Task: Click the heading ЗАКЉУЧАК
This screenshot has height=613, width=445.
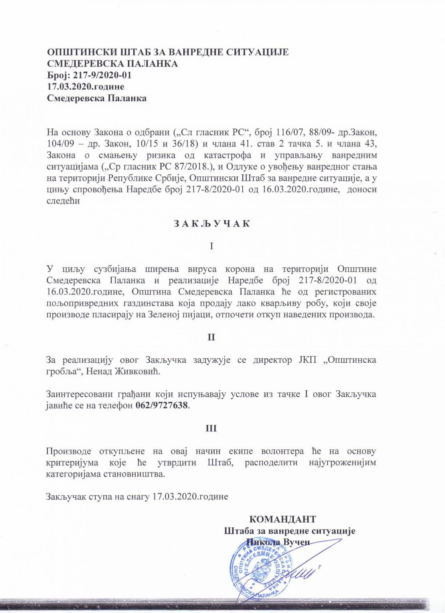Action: pyautogui.click(x=212, y=223)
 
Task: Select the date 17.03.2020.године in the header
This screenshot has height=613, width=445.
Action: pyautogui.click(x=86, y=87)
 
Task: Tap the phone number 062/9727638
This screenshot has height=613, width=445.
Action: pyautogui.click(x=162, y=406)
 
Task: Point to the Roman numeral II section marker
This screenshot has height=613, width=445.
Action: pyautogui.click(x=211, y=337)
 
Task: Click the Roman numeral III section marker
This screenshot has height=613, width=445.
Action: pyautogui.click(x=211, y=429)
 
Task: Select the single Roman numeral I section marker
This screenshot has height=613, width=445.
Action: pyautogui.click(x=212, y=246)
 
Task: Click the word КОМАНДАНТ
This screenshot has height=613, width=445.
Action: pyautogui.click(x=282, y=519)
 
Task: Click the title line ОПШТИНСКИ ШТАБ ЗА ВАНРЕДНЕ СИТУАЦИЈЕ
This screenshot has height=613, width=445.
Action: pyautogui.click(x=168, y=52)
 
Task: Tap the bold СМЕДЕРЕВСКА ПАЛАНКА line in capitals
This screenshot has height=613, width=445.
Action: pyautogui.click(x=113, y=64)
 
